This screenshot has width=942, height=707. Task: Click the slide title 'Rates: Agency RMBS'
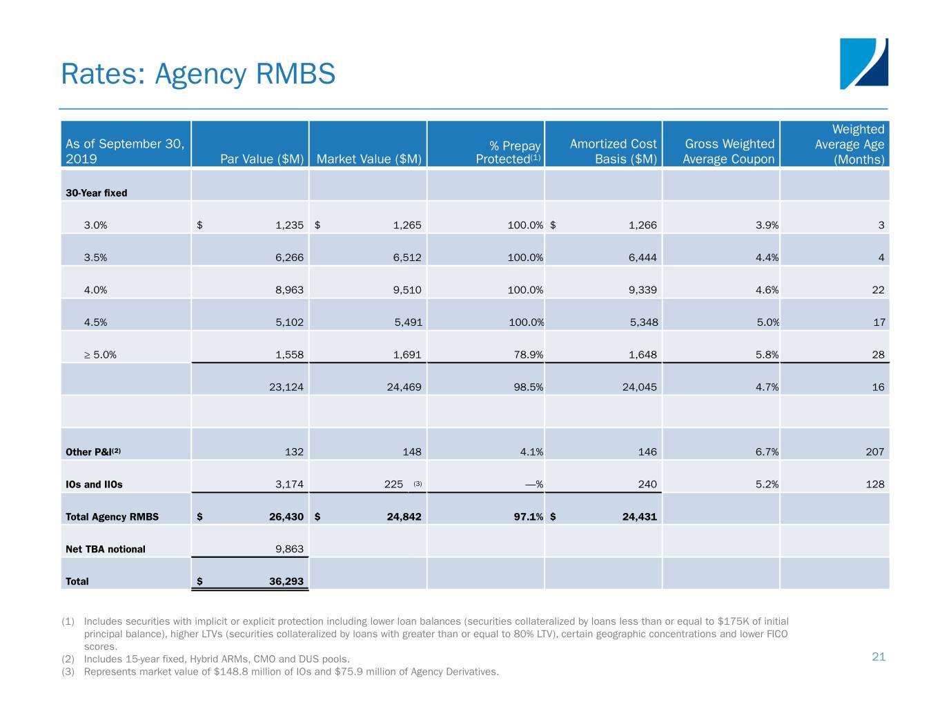(x=198, y=74)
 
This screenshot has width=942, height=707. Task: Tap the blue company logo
(x=863, y=64)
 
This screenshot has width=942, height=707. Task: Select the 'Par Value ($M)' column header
(x=262, y=159)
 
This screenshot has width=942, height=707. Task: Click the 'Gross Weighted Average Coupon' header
(x=729, y=152)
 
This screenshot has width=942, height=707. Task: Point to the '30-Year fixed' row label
(x=96, y=193)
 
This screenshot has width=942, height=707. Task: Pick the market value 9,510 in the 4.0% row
(x=407, y=290)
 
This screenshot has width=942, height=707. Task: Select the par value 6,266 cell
(x=289, y=258)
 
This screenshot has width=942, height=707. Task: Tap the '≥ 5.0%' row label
(x=100, y=355)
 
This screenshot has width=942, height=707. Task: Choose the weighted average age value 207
(x=874, y=452)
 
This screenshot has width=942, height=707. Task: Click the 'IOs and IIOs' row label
(x=94, y=485)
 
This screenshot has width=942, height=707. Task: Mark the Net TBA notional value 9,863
(x=289, y=550)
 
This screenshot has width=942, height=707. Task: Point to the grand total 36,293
(x=286, y=581)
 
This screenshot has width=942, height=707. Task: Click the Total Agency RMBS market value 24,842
(x=404, y=517)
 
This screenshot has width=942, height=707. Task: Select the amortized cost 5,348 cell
(x=643, y=322)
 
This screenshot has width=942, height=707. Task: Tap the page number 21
(x=879, y=657)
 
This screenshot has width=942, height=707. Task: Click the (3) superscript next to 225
(x=418, y=483)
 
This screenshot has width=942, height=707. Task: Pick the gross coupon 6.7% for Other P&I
(x=767, y=452)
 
